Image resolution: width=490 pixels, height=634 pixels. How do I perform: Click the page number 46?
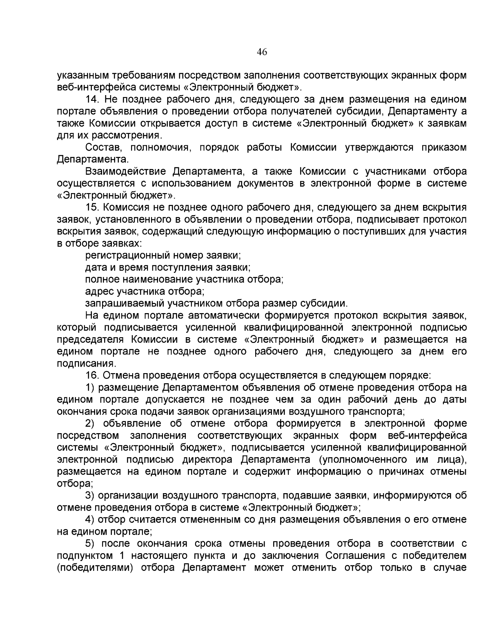[261, 52]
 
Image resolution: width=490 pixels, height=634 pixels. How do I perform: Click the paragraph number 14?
[92, 99]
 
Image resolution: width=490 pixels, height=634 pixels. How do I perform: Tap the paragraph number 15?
[92, 207]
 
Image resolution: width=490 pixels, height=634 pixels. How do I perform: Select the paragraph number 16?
[92, 375]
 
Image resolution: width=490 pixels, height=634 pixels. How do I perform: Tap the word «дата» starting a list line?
[95, 267]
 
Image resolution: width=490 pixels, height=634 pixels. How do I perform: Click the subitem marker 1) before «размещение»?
[89, 387]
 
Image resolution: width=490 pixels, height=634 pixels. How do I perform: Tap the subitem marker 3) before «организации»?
[89, 496]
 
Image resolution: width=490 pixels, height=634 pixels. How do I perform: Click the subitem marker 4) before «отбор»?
[89, 520]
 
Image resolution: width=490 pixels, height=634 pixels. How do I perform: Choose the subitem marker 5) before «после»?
[89, 544]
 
